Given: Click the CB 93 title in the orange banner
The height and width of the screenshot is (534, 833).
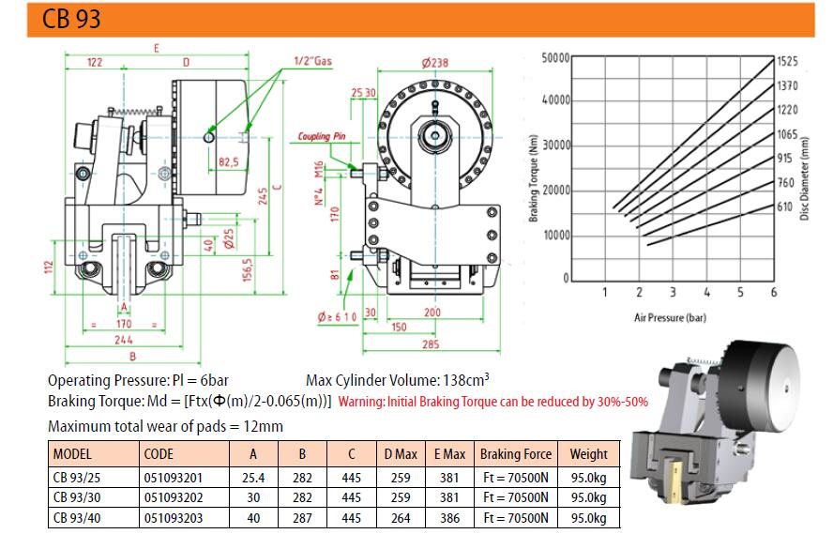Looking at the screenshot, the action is point(71,19).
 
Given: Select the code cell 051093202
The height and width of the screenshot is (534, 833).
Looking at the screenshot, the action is point(174,497).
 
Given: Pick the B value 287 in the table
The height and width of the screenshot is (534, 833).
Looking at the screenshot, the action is point(302,518).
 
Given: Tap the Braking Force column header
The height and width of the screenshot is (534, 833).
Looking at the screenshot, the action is point(515,454).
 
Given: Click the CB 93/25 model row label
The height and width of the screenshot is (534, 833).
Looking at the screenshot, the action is point(77,478).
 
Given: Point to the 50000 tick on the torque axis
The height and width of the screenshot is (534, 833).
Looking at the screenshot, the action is point(555,57).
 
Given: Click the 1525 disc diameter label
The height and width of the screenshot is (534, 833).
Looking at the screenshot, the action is point(787,61).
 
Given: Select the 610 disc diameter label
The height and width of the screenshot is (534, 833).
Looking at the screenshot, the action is point(784,206).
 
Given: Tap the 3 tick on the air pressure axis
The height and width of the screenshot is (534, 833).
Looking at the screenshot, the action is point(673,292).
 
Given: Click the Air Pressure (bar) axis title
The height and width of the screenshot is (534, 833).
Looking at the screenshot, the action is point(670,318).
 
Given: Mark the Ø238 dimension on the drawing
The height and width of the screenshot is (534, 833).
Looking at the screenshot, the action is point(434,63).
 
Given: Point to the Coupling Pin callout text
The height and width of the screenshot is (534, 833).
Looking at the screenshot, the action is point(322,137).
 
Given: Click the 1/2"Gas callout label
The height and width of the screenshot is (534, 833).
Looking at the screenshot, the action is point(313,61).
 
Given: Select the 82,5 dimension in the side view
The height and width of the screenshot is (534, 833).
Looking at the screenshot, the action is point(229,161).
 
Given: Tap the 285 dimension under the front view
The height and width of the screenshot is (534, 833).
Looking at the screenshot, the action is point(431,344).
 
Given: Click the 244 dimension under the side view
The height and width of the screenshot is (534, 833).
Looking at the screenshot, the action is point(123,340).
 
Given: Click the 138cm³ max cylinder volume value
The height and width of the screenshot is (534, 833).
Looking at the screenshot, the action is point(466,380).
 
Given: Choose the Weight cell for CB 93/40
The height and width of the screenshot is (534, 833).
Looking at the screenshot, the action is point(588,518).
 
